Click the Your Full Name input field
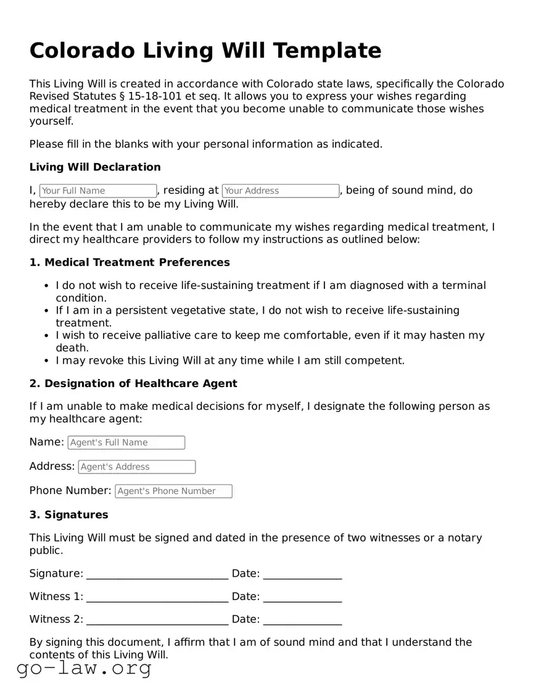coord(98,191)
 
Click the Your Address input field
coord(281,191)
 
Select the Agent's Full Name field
coord(126,443)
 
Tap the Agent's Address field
coord(137,467)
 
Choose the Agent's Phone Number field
coord(175,491)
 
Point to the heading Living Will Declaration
coord(95,167)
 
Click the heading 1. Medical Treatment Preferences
coord(130,262)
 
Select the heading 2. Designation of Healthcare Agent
coord(133,383)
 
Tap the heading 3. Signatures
coord(68,515)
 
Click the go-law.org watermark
coord(84,668)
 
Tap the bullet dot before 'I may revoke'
coord(47,361)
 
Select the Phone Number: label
coord(70,491)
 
